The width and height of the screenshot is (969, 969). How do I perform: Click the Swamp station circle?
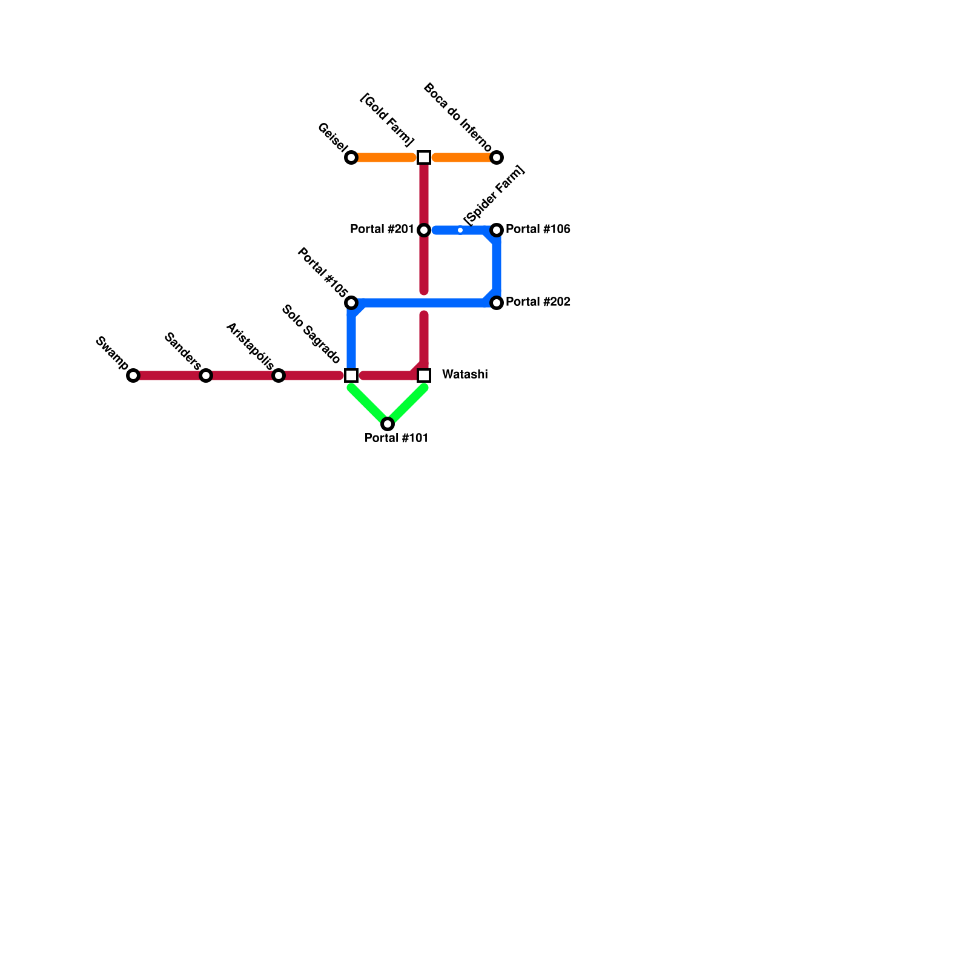coord(133,375)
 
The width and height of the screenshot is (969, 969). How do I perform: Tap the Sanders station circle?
coord(206,375)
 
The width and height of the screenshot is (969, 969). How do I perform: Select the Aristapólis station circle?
coord(279,375)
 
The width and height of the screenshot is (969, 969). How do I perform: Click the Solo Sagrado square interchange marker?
coord(351,375)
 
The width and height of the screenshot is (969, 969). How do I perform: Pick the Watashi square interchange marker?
coord(424,375)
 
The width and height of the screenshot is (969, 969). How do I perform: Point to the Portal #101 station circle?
coord(388,424)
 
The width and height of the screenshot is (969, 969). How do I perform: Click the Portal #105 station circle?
coord(351,303)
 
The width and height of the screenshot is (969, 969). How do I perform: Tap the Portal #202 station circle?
coord(497,303)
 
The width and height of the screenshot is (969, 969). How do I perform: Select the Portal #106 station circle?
coord(497,230)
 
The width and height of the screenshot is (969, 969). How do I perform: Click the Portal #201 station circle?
coord(424,230)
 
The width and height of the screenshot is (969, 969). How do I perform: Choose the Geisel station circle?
coord(351,158)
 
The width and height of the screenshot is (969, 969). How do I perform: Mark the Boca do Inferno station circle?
coord(497,158)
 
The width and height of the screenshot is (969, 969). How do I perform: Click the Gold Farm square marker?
coord(424,157)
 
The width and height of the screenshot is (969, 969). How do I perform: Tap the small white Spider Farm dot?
coord(460,230)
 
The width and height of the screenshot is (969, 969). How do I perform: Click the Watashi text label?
coord(465,375)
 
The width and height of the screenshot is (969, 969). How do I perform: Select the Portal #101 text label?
coord(397,438)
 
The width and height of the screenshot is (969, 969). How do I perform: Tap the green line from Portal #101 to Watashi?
coord(407,405)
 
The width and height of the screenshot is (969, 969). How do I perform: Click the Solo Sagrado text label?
coord(311,335)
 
